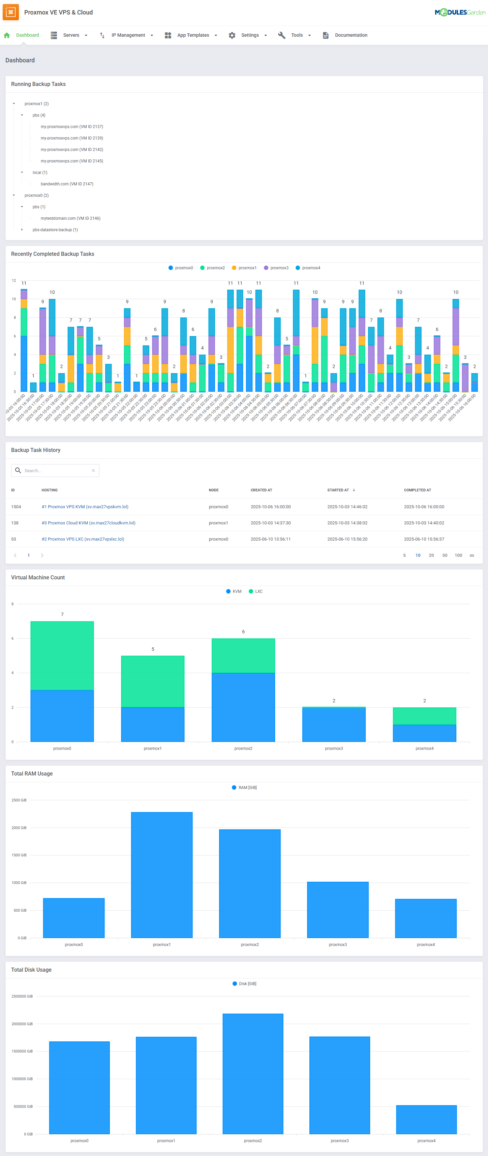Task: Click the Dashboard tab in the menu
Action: coord(27,35)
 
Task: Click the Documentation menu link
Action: coord(350,35)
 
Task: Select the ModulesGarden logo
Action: coord(459,12)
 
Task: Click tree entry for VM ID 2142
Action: coord(71,149)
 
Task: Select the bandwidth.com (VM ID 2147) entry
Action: coord(66,184)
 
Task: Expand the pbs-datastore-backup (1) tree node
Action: coord(22,230)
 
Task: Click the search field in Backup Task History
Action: coord(56,470)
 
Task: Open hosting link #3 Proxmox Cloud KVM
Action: coord(88,523)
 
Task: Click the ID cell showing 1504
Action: coord(16,507)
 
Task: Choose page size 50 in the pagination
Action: coord(445,555)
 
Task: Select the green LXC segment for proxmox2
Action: coord(243,655)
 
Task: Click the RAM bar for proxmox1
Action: coord(162,875)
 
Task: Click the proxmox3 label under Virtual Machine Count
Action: coord(334,749)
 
